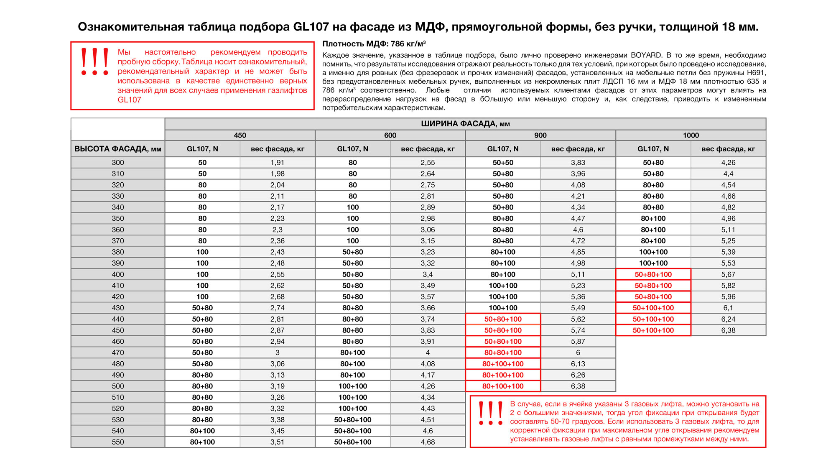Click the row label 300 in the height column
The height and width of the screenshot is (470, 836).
click(x=117, y=163)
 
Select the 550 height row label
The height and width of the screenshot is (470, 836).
click(x=117, y=442)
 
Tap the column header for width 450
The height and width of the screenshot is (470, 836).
click(x=240, y=135)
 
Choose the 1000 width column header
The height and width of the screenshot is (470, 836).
click(x=691, y=135)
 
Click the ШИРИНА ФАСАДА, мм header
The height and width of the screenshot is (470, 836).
click(x=465, y=124)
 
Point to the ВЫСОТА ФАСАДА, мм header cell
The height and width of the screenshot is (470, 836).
click(x=117, y=149)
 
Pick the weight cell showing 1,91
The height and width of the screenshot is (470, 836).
click(x=277, y=163)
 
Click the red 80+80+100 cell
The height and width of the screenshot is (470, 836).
click(x=503, y=352)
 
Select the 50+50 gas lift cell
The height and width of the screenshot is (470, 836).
click(x=503, y=163)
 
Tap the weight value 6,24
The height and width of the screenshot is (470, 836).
click(x=728, y=319)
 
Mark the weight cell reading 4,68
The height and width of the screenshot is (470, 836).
click(x=428, y=442)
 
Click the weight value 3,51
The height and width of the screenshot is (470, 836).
click(x=277, y=442)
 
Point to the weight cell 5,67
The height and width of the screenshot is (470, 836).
click(x=728, y=274)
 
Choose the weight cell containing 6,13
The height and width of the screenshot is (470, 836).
click(x=578, y=364)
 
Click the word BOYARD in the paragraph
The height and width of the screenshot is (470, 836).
click(x=646, y=55)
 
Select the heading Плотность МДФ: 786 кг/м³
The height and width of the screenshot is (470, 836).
click(x=374, y=44)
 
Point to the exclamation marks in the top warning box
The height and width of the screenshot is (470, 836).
click(x=95, y=61)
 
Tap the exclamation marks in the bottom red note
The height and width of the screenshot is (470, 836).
click(x=491, y=413)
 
